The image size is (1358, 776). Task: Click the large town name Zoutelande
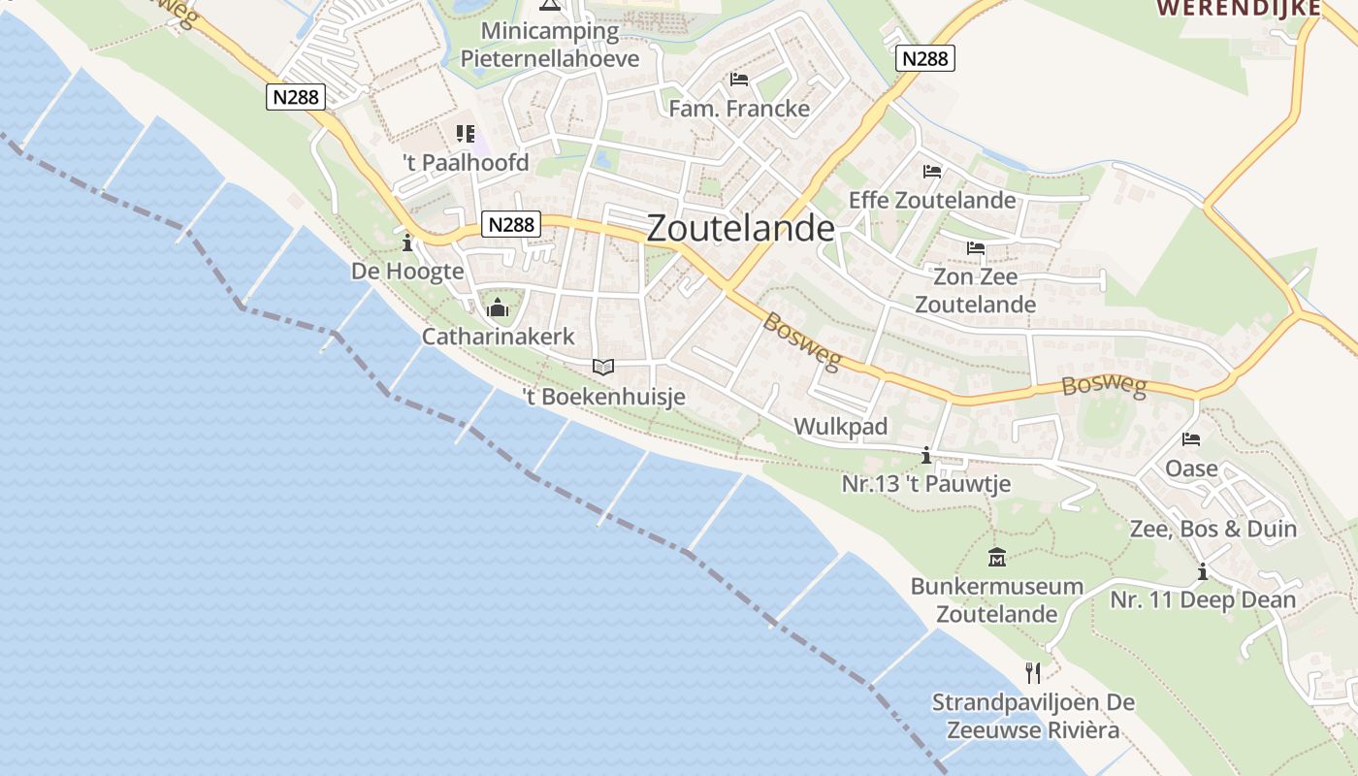point(740,228)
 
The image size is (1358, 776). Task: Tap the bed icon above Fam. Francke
point(739,79)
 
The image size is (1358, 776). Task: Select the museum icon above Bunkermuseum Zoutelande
point(996,558)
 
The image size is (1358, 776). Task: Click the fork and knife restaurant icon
point(1033,672)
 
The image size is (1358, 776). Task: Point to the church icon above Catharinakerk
point(498,308)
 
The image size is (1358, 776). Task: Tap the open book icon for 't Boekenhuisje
point(603,367)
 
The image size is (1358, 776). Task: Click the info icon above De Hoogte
point(407,242)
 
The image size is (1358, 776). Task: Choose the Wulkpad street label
point(841,427)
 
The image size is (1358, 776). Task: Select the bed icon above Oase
point(1191,439)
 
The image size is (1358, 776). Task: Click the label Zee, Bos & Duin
point(1212,529)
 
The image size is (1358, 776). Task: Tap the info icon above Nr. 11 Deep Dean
point(1203,571)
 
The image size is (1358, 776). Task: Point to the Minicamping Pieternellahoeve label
point(550,45)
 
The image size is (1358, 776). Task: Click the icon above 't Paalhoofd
point(466,133)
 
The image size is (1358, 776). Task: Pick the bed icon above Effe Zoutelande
point(932,172)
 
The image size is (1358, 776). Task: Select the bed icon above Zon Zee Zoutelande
point(976,248)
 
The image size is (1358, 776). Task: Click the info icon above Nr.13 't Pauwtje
point(926,455)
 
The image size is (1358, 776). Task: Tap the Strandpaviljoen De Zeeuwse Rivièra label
point(1033,716)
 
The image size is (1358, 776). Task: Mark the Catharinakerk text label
point(499,337)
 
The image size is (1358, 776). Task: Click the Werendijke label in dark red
point(1239,8)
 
